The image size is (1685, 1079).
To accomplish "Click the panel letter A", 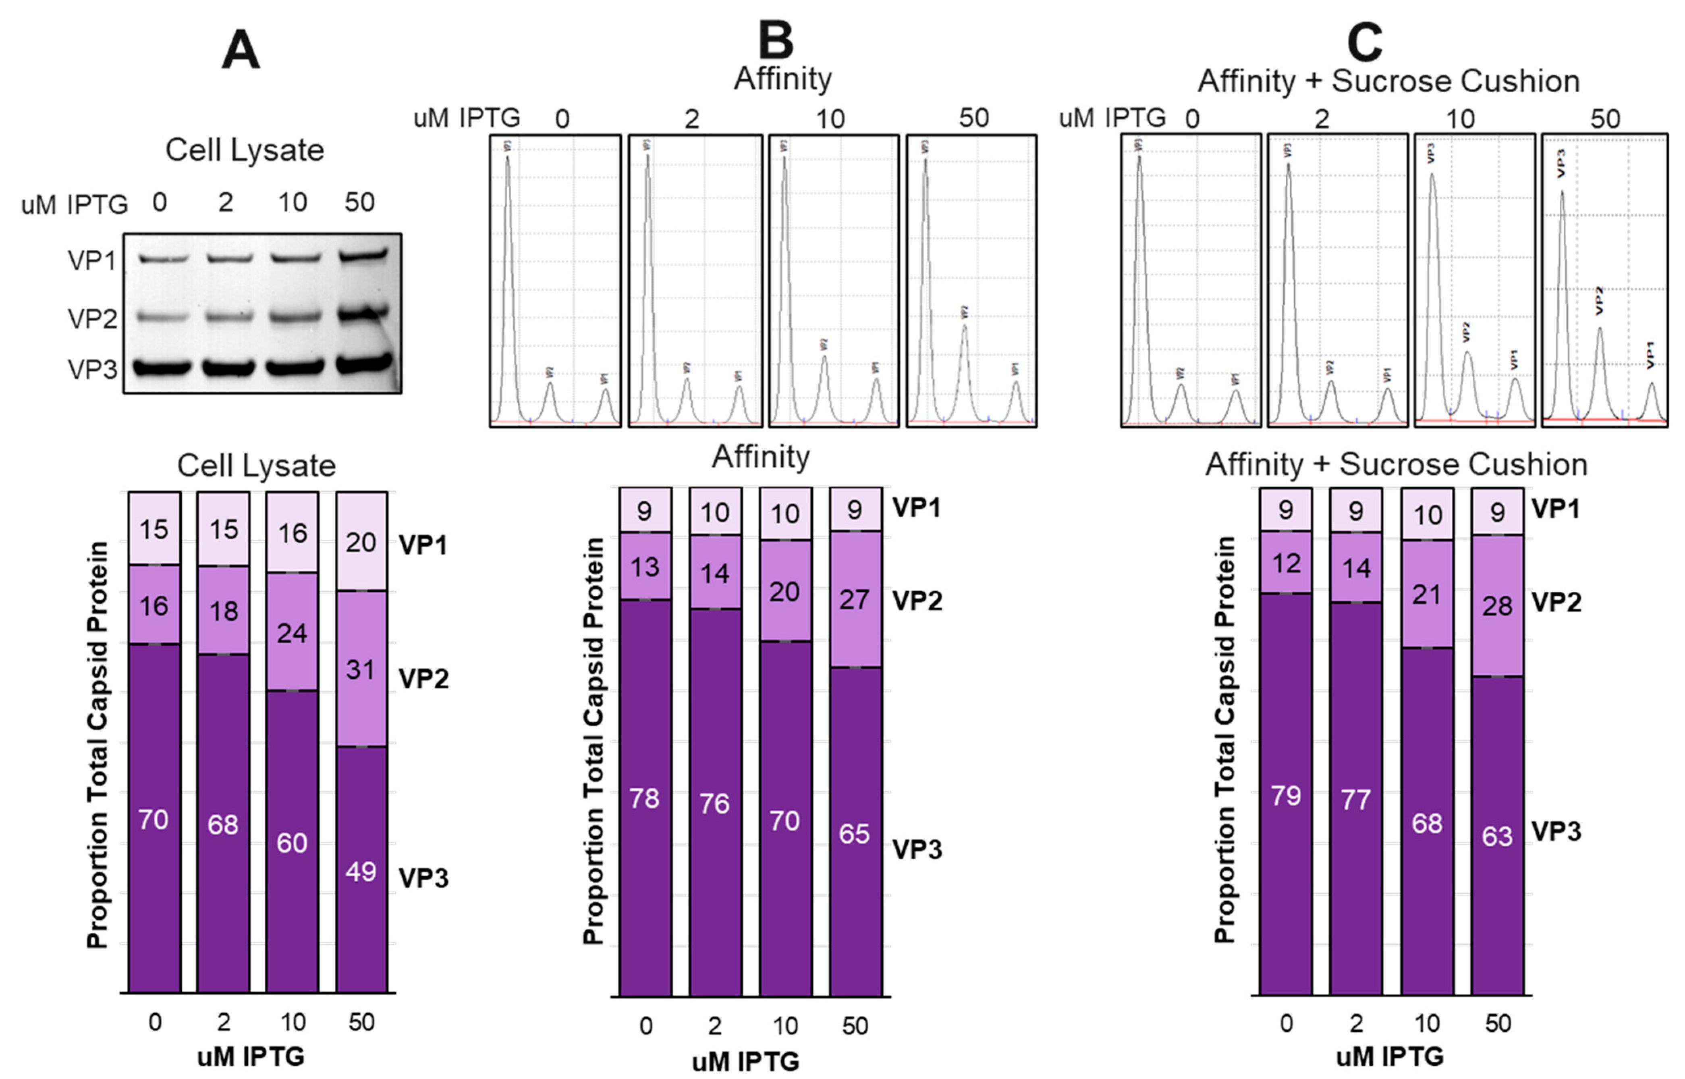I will [x=240, y=52].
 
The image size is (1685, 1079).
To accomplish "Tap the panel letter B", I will [x=776, y=41].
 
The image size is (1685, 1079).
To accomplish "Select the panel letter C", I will [x=1365, y=42].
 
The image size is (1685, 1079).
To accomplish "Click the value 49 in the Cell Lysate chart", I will [x=361, y=871].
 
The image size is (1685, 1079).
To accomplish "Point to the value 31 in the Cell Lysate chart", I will [x=361, y=670].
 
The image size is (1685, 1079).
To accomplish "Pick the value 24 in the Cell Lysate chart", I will [x=292, y=633].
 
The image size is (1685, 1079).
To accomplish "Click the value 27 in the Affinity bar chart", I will [x=855, y=600].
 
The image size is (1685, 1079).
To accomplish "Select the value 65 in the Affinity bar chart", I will [x=855, y=834].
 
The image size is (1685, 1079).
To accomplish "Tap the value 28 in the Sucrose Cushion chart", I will [x=1497, y=606].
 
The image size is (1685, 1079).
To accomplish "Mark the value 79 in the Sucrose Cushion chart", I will [x=1286, y=796].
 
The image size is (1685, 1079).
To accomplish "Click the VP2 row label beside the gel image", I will [x=92, y=319].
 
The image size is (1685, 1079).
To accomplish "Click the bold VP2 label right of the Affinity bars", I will [x=917, y=601].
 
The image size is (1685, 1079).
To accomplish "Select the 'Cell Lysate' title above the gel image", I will [x=245, y=150].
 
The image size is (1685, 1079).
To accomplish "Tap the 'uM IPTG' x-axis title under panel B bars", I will [x=746, y=1062].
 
